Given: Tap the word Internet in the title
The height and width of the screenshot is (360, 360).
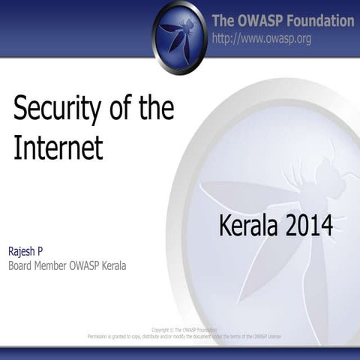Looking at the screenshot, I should pos(58,147).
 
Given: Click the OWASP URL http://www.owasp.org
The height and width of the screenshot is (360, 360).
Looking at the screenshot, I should pos(261,38).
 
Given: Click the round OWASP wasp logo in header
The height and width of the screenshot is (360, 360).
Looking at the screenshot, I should pos(179,35).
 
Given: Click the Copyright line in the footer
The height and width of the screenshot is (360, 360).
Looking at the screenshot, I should pos(184,330).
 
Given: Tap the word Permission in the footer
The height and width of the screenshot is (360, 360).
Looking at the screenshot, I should pos(103,337).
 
